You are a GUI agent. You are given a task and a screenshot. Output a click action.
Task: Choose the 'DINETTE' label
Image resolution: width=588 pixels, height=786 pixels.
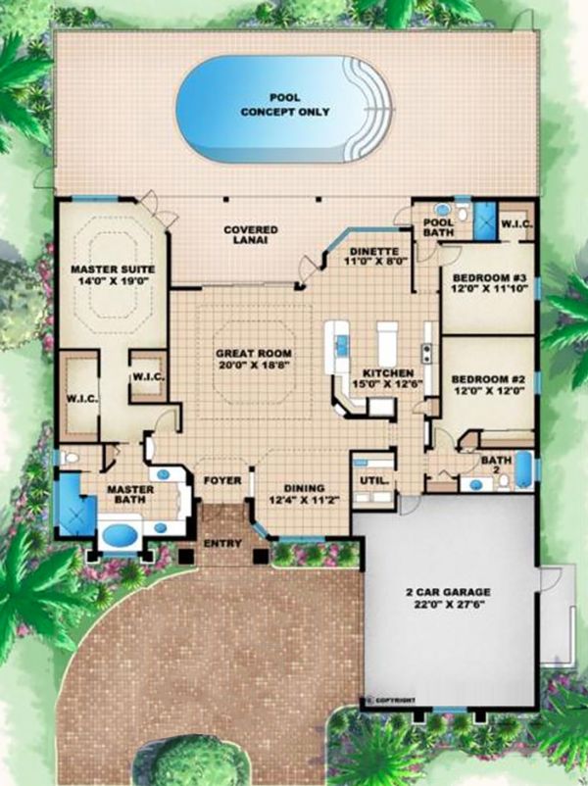375,251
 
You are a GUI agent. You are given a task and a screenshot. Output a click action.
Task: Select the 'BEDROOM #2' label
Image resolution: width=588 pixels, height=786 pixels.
487,377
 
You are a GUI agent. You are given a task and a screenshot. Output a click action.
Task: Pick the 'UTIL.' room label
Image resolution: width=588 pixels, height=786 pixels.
371,480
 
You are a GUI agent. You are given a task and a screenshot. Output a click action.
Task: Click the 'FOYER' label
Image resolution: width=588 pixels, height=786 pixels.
221,481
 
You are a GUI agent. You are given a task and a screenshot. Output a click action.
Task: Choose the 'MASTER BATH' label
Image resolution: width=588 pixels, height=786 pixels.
126,494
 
